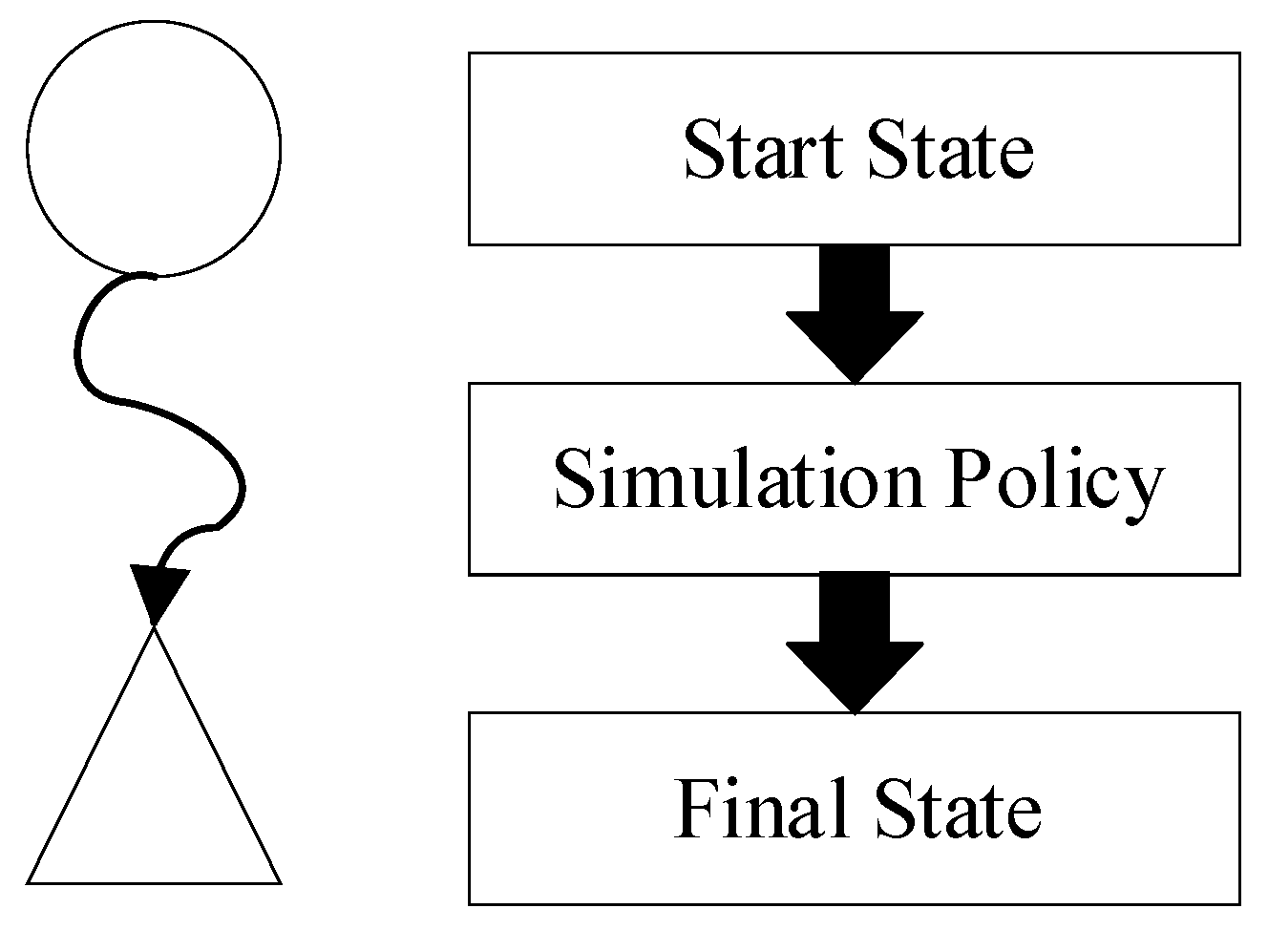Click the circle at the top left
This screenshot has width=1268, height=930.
[154, 148]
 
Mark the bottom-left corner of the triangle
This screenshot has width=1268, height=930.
[29, 881]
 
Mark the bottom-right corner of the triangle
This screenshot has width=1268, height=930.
[280, 881]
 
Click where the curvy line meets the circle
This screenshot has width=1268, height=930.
[155, 276]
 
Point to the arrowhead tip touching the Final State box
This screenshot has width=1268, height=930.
[856, 711]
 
